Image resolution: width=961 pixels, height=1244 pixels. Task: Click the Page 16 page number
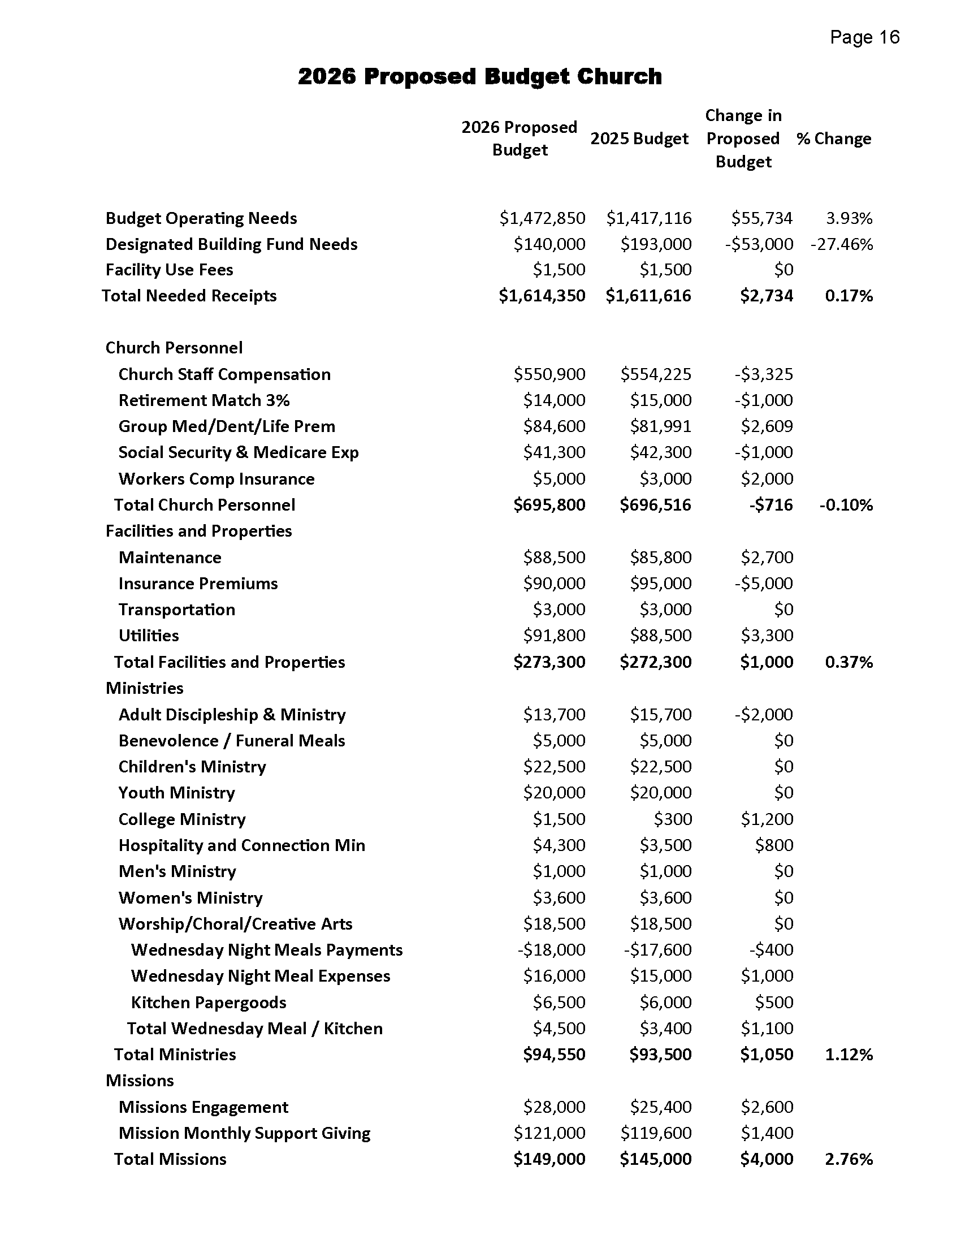click(x=864, y=37)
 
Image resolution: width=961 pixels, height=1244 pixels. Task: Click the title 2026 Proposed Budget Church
click(x=479, y=76)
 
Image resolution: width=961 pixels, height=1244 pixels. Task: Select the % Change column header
click(x=833, y=139)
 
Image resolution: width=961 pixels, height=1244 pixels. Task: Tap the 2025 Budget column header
click(x=639, y=139)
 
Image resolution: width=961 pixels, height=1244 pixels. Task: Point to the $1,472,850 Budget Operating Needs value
click(x=542, y=218)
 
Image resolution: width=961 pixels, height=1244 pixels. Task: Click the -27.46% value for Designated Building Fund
click(x=842, y=244)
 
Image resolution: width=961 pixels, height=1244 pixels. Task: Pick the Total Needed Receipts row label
click(x=189, y=296)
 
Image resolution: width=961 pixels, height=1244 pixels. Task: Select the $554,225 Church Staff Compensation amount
click(x=656, y=374)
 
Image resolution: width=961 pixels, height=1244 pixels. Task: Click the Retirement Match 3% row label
click(x=204, y=400)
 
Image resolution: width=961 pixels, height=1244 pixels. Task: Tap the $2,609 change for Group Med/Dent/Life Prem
click(x=767, y=426)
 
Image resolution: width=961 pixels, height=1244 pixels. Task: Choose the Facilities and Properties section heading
click(x=198, y=531)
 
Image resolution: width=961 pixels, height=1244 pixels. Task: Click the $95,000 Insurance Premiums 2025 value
click(x=660, y=584)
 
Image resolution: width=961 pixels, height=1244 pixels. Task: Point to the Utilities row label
click(x=149, y=635)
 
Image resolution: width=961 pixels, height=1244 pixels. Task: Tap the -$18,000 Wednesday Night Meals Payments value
click(x=551, y=949)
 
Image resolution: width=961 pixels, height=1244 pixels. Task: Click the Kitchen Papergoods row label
click(x=209, y=1002)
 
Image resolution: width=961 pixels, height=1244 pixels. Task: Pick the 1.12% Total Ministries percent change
click(x=849, y=1055)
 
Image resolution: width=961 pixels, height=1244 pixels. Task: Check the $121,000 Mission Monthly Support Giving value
click(x=549, y=1133)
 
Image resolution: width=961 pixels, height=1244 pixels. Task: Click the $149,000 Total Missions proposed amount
click(x=549, y=1159)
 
